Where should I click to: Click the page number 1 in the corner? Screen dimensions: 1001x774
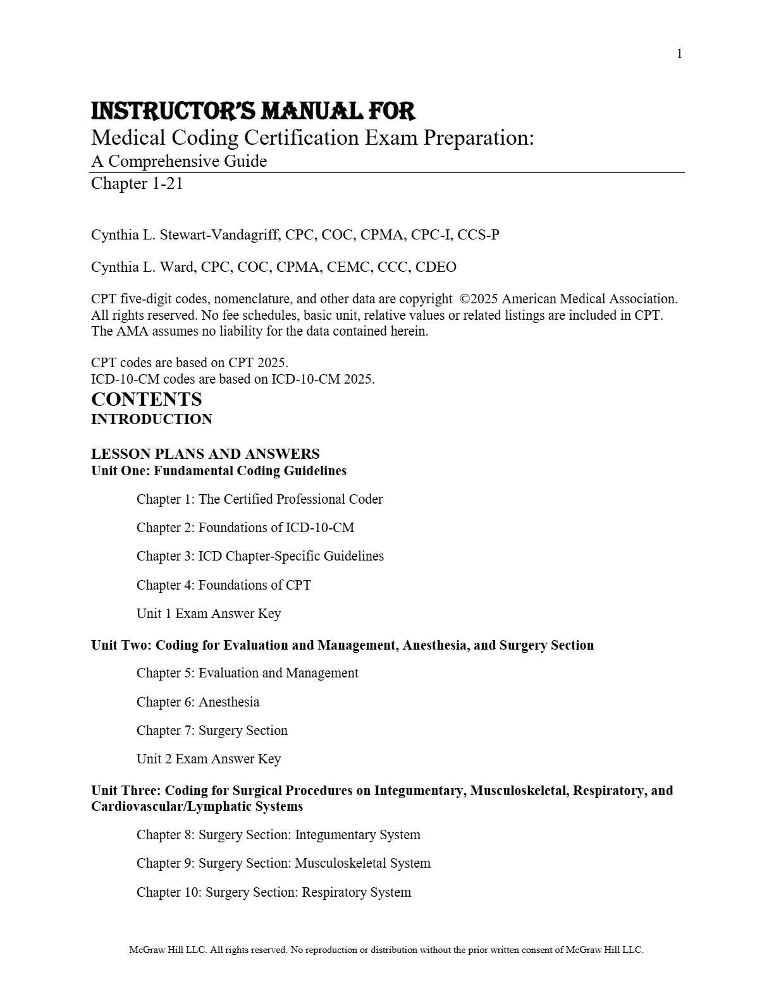click(x=679, y=54)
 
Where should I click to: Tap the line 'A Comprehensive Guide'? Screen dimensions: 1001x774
click(x=179, y=161)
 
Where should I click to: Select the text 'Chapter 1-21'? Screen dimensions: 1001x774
click(x=137, y=183)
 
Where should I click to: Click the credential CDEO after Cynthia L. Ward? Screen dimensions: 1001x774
click(x=436, y=267)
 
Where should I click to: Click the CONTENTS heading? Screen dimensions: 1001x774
click(x=147, y=399)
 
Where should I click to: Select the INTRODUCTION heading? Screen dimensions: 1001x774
click(x=152, y=420)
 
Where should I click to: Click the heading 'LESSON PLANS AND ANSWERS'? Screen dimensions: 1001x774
click(x=206, y=454)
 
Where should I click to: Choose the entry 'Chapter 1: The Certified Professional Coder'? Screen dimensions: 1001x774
click(x=259, y=499)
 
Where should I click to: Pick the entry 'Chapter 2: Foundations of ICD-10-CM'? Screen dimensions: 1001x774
click(x=245, y=528)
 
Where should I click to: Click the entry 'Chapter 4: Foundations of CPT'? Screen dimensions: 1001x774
click(x=224, y=585)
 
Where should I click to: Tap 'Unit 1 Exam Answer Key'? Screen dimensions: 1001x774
click(x=209, y=614)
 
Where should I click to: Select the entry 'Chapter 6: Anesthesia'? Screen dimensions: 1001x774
click(x=198, y=702)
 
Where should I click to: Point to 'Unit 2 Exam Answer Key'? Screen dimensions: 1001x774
click(x=209, y=759)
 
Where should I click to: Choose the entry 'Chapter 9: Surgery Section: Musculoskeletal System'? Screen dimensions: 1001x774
click(x=283, y=863)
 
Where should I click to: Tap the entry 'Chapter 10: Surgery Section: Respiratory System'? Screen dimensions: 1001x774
click(x=274, y=892)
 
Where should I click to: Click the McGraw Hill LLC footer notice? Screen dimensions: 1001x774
click(x=386, y=950)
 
